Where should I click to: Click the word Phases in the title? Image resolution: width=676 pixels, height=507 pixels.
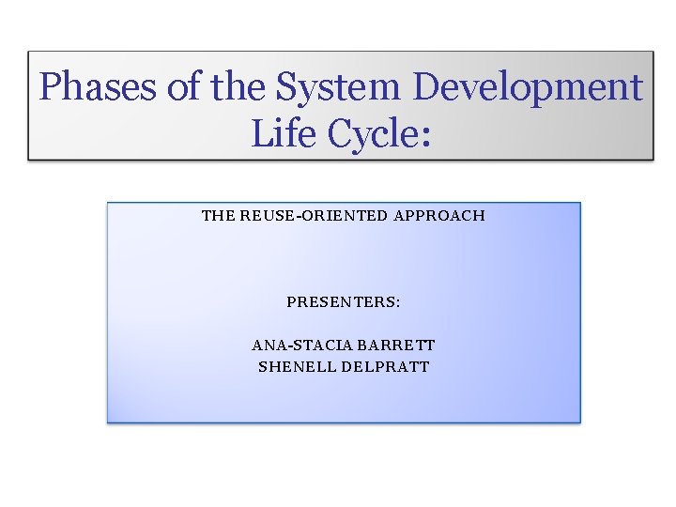[100, 88]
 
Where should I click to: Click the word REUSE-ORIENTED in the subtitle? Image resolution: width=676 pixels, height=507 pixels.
[315, 216]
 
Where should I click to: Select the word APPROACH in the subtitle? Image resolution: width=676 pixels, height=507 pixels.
[439, 216]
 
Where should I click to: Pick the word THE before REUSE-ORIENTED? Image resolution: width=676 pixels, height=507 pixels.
[219, 216]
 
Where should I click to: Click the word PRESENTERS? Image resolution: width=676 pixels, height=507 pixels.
[341, 302]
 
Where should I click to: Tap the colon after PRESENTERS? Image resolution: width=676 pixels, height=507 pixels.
[398, 303]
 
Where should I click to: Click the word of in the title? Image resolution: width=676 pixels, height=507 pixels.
[186, 88]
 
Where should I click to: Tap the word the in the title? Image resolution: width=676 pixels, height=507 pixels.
[239, 88]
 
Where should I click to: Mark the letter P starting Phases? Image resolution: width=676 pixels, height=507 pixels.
[52, 88]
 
